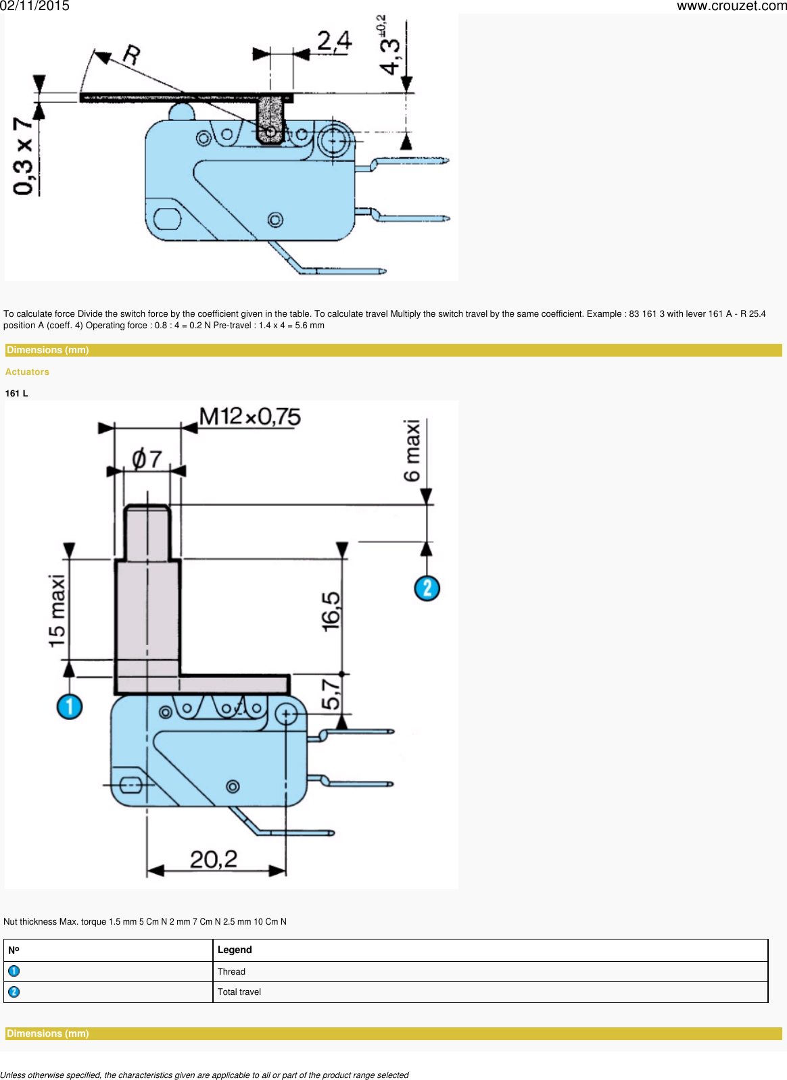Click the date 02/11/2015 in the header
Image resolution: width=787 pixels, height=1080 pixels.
(34, 6)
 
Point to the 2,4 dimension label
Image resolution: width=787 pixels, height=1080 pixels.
(334, 41)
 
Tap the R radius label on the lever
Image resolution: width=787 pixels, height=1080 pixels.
(131, 54)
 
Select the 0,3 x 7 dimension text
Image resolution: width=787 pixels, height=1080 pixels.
(24, 156)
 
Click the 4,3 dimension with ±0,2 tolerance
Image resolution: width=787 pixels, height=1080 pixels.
(390, 47)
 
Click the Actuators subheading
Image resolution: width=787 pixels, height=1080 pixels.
(27, 372)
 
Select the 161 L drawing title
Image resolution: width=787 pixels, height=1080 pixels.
(16, 394)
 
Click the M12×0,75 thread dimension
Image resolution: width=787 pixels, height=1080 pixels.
(249, 417)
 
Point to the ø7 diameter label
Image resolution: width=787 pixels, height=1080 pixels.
(147, 459)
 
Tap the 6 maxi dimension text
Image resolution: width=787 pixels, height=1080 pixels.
(412, 451)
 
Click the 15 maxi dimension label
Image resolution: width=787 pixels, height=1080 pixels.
(57, 611)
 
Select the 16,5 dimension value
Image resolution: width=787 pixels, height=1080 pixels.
(331, 612)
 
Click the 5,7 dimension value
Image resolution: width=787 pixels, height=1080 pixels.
(331, 694)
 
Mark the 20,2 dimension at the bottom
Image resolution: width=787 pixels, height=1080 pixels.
(214, 859)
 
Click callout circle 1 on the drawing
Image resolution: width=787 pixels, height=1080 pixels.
(69, 707)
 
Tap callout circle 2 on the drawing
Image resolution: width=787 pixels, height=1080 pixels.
(427, 588)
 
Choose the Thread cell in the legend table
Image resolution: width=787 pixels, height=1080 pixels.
(231, 972)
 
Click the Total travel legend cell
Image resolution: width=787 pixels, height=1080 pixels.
(239, 992)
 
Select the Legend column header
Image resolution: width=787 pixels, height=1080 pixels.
(235, 950)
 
